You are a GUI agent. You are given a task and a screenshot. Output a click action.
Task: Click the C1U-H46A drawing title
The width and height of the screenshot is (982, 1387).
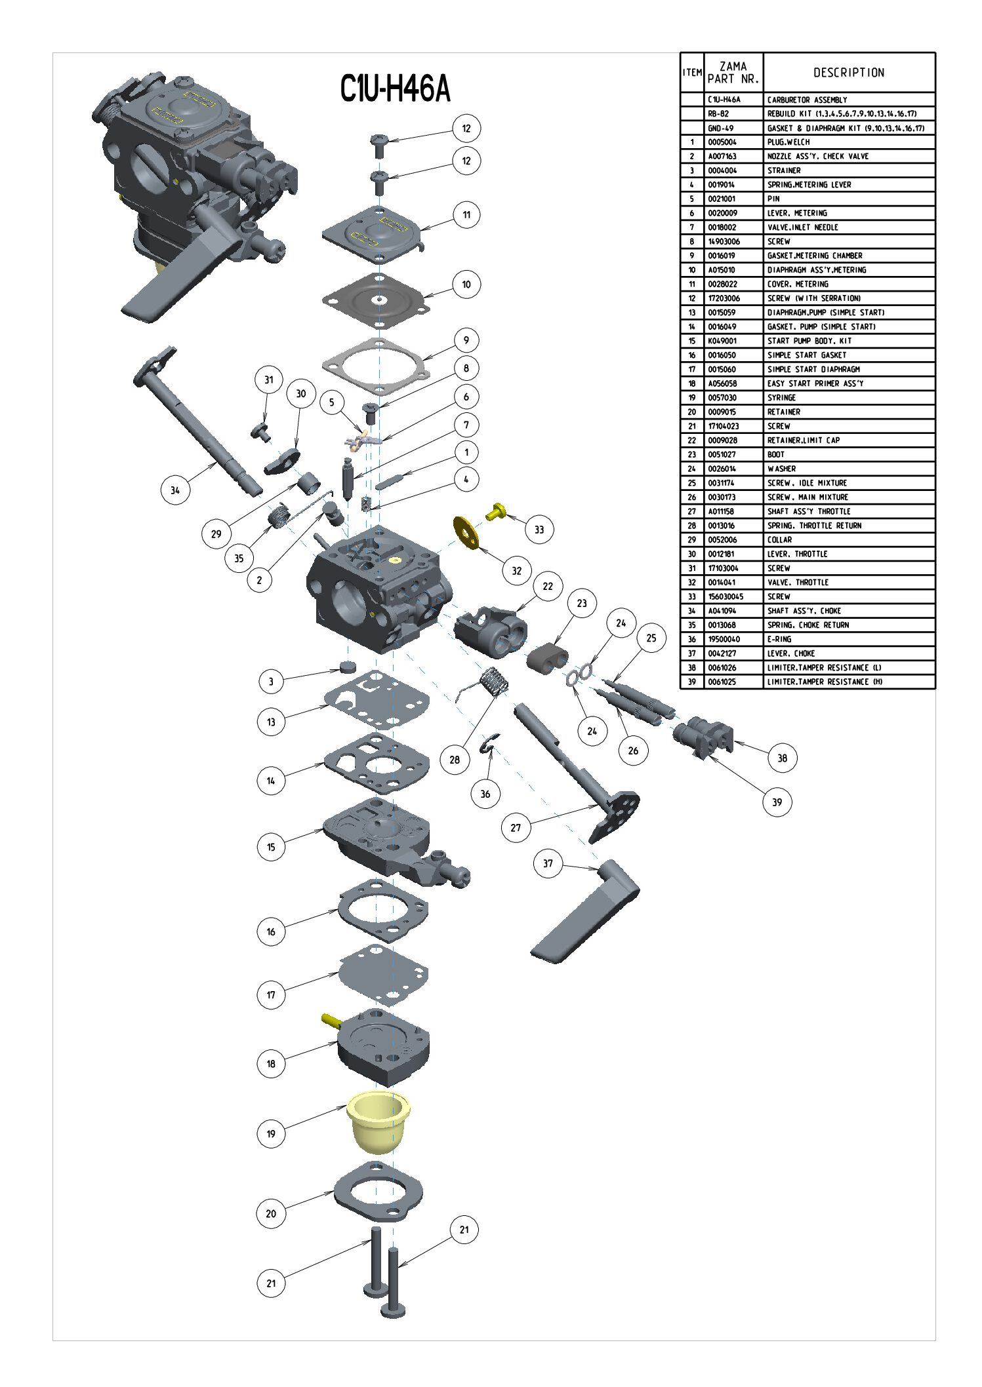395,88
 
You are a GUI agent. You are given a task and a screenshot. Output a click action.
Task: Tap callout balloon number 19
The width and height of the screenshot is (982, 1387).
271,1133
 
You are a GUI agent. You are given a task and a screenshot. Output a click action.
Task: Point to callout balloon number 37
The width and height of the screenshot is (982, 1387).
548,863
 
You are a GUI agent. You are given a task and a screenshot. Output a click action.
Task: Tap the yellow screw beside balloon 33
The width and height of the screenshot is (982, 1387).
497,511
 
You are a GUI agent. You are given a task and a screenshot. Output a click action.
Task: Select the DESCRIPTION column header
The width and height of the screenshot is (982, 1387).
849,73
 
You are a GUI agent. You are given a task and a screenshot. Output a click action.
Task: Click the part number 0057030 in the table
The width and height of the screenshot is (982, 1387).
722,398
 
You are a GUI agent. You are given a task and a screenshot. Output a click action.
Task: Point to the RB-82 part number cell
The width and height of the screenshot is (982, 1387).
718,114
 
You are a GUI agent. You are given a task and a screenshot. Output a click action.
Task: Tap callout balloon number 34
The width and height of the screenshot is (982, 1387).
175,490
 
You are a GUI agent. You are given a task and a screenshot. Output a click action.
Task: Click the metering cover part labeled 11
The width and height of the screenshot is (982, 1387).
371,233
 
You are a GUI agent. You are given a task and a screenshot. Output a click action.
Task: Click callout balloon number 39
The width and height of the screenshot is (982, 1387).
777,802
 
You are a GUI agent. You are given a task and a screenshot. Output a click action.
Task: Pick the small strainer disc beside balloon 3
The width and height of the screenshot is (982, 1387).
348,668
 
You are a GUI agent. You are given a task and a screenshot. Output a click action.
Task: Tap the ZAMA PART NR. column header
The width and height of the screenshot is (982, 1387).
733,73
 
